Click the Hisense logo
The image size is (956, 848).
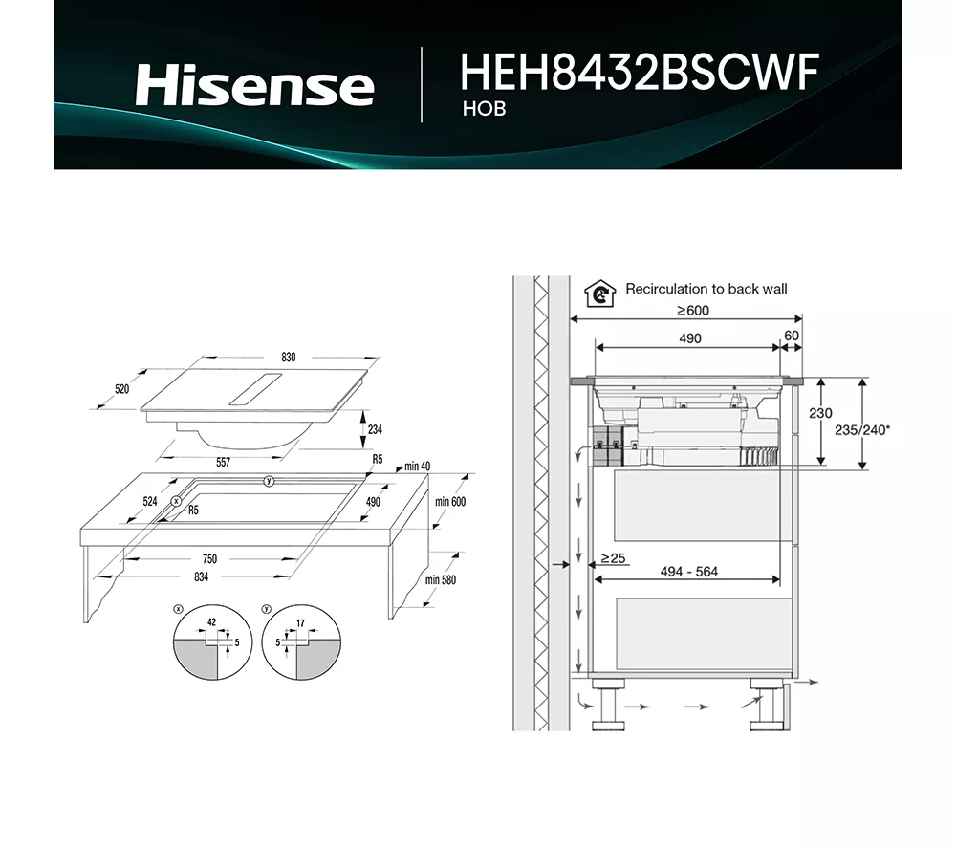click(254, 85)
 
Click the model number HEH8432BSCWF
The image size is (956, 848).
click(640, 73)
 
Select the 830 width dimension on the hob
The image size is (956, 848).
click(289, 358)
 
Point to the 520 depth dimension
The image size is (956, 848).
click(121, 389)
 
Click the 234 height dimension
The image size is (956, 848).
click(375, 430)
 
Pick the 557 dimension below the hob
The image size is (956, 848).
click(223, 463)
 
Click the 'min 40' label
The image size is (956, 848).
click(418, 467)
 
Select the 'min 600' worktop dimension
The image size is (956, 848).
click(449, 502)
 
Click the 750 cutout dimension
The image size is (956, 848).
click(208, 559)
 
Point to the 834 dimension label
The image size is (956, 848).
click(201, 577)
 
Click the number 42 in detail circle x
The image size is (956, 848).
click(211, 622)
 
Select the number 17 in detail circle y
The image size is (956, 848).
click(300, 623)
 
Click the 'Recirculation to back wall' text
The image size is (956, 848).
click(706, 289)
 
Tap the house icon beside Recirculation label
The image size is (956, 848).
click(598, 292)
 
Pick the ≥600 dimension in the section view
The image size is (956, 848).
click(693, 311)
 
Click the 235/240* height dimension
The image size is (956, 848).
click(862, 430)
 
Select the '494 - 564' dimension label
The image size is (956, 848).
click(689, 572)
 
